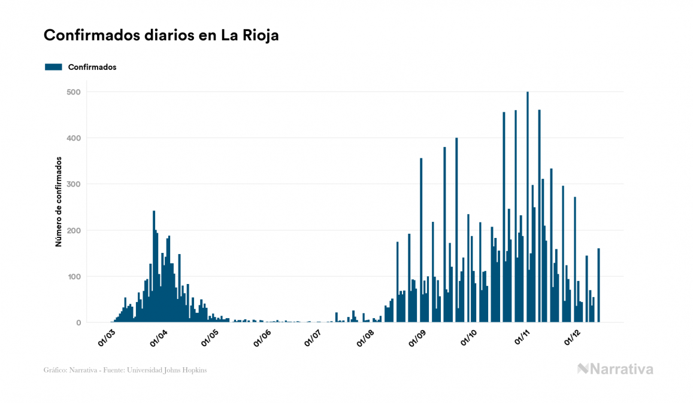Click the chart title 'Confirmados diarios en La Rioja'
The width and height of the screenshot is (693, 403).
161,35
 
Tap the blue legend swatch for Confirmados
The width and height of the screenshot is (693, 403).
53,67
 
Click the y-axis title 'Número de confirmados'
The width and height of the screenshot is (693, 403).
59,202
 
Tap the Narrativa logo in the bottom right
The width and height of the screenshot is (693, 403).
615,369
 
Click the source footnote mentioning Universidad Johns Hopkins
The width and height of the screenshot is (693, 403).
125,370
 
